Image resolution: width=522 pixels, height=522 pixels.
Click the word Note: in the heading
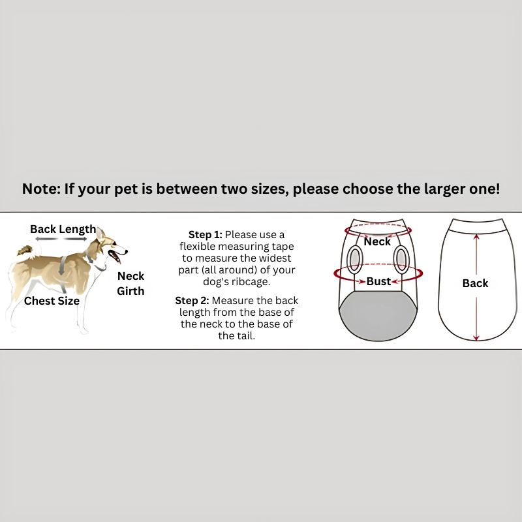point(41,189)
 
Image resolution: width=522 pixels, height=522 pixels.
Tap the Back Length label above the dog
point(63,229)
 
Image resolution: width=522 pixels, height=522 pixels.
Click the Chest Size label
point(52,301)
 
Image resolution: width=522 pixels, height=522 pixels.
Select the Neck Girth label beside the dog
point(131,283)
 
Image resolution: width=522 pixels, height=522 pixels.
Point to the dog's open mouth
point(115,256)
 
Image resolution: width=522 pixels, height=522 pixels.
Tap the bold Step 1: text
point(206,235)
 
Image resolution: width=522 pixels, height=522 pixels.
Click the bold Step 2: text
point(192,301)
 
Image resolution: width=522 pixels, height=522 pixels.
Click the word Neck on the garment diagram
point(377,241)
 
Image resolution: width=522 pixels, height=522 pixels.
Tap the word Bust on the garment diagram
point(379,282)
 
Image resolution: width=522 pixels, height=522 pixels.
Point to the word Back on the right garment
point(476,283)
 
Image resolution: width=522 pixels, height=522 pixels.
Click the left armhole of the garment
point(354,259)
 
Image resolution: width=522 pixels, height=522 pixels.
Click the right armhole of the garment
point(401,259)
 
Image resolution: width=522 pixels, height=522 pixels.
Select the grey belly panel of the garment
point(378,315)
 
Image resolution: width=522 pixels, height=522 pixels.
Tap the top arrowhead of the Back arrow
point(477,237)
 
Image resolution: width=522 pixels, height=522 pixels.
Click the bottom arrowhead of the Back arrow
point(476,337)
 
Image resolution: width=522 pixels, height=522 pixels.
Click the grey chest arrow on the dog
point(62,266)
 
